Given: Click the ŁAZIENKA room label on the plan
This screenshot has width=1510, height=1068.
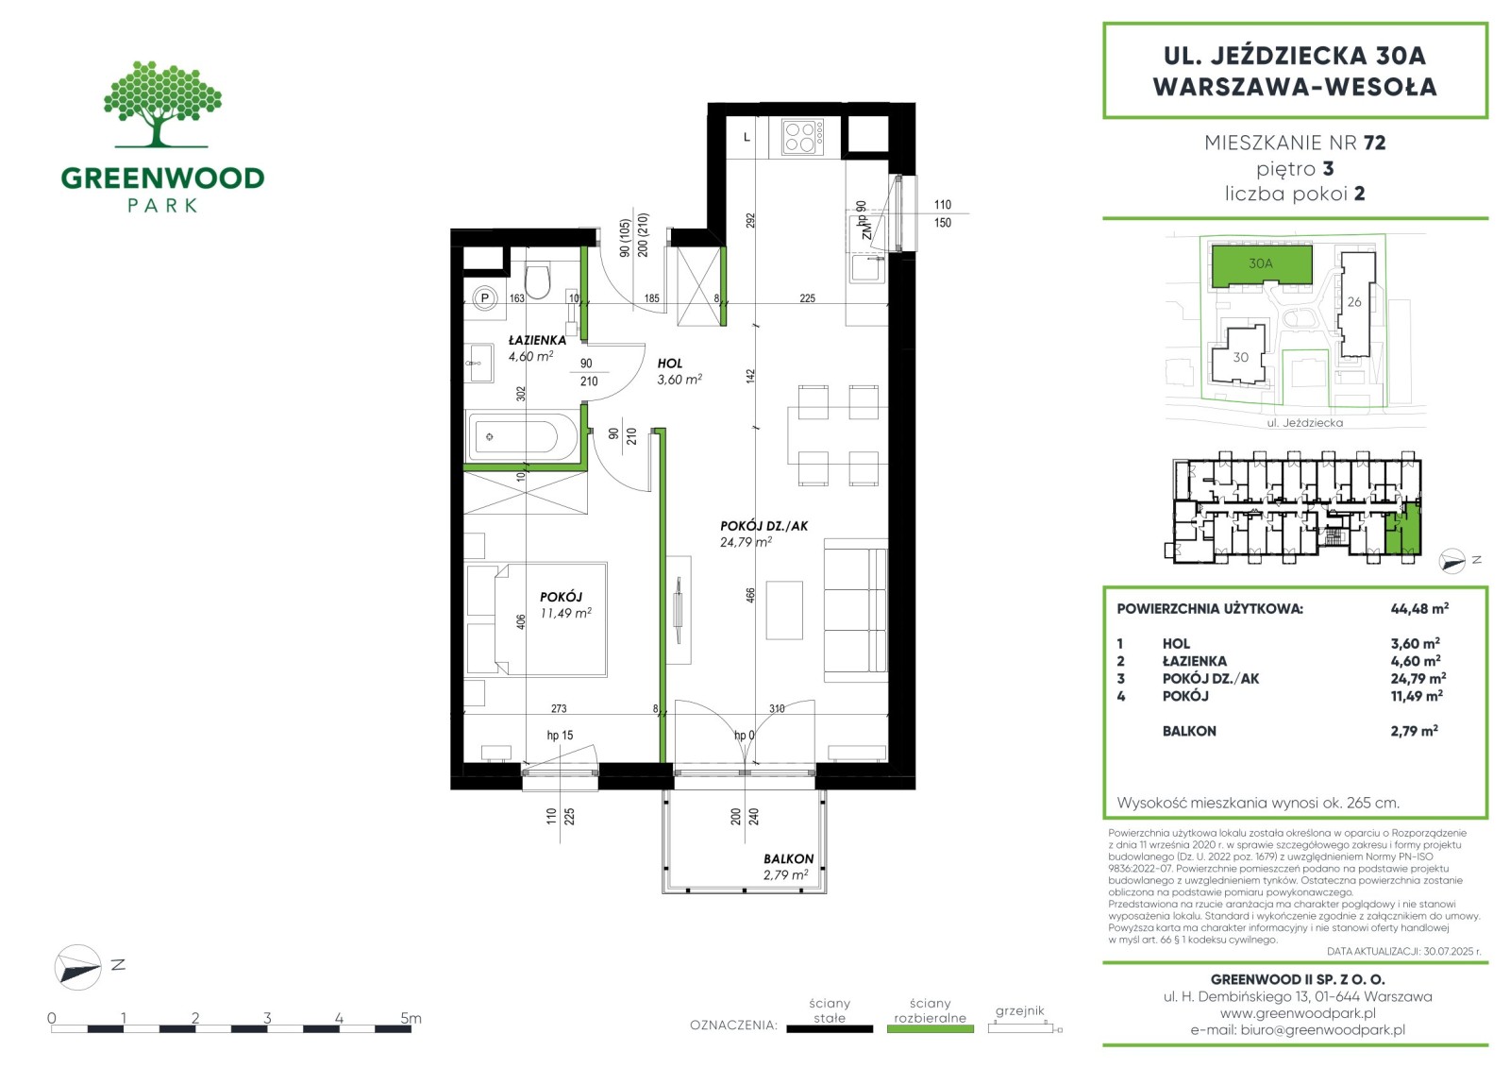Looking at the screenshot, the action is click(x=537, y=341).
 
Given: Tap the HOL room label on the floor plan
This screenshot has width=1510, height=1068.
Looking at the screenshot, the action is click(x=670, y=364).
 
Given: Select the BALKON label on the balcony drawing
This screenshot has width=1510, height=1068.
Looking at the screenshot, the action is click(x=788, y=859).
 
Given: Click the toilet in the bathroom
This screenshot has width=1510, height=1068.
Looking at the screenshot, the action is click(x=537, y=281).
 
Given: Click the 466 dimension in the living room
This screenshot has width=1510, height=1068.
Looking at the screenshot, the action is click(x=750, y=595).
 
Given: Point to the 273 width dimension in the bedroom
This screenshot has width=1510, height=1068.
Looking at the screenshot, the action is click(x=559, y=708).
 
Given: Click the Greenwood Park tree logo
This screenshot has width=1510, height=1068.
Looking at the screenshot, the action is click(x=162, y=104).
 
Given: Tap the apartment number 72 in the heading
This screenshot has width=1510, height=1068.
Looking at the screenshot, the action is click(x=1374, y=143).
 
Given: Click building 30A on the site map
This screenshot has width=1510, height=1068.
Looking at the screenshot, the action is click(x=1261, y=263).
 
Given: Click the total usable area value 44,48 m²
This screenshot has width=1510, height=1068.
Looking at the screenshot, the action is click(x=1419, y=608).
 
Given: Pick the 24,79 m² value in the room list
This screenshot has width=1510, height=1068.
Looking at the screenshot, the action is click(x=1418, y=678).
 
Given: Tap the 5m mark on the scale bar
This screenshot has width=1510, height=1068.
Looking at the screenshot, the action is click(x=410, y=1018).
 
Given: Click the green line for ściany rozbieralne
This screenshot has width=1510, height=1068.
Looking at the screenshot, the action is click(x=931, y=1029).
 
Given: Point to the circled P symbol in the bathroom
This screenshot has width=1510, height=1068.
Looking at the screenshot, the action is click(x=484, y=297).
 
